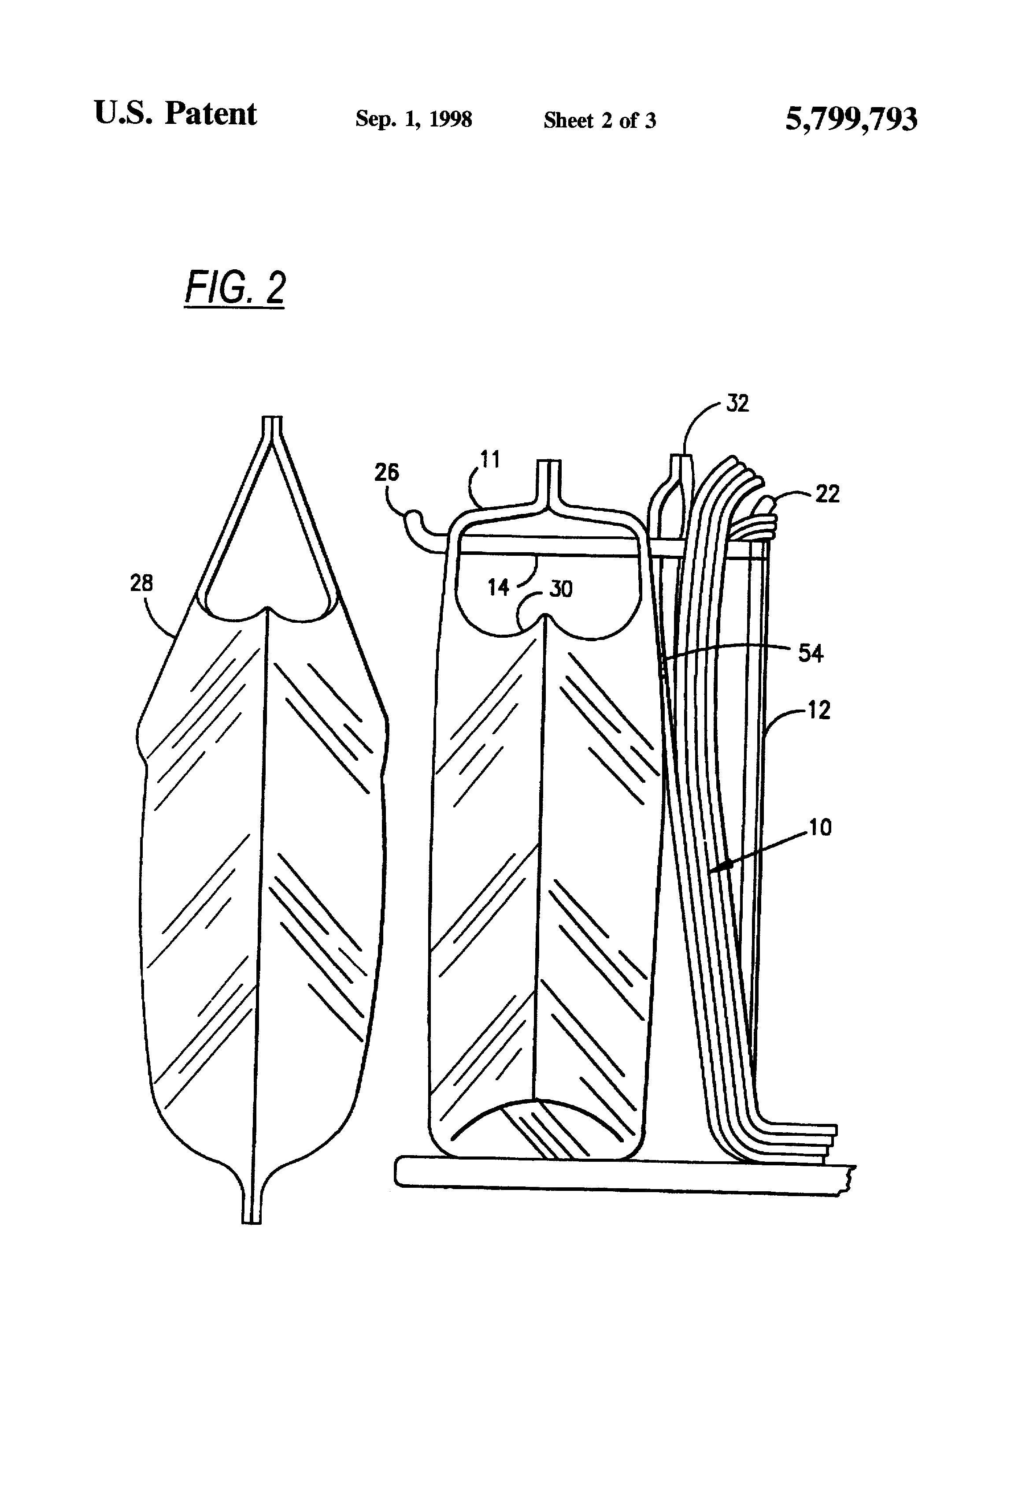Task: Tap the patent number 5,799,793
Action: pyautogui.click(x=851, y=119)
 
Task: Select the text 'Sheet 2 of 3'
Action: pyautogui.click(x=600, y=120)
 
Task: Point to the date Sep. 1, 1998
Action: pyautogui.click(x=414, y=119)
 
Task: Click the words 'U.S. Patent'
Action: pyautogui.click(x=175, y=114)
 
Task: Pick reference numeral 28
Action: pyautogui.click(x=141, y=583)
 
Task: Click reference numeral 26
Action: pyautogui.click(x=387, y=472)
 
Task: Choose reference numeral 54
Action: pyautogui.click(x=811, y=654)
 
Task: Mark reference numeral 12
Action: pyautogui.click(x=818, y=710)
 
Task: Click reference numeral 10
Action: pyautogui.click(x=820, y=827)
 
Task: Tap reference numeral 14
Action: pyautogui.click(x=498, y=587)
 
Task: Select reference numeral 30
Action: pyautogui.click(x=561, y=589)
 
